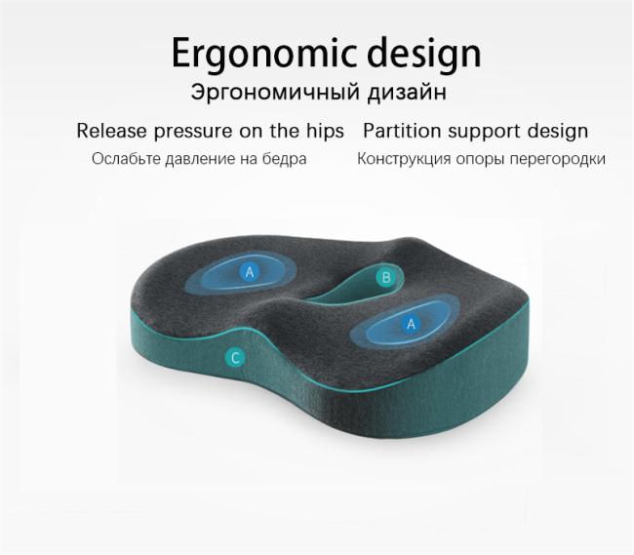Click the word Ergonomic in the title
[x=264, y=54]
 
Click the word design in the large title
[x=424, y=54]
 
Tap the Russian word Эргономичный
[x=275, y=92]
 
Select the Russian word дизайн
[x=407, y=92]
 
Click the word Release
[x=111, y=131]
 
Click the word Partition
[x=402, y=131]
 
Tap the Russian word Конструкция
[x=404, y=159]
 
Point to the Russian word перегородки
[x=558, y=159]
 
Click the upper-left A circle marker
[x=250, y=272]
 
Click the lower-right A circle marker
[x=412, y=324]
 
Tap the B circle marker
[x=386, y=278]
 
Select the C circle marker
[x=235, y=358]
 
